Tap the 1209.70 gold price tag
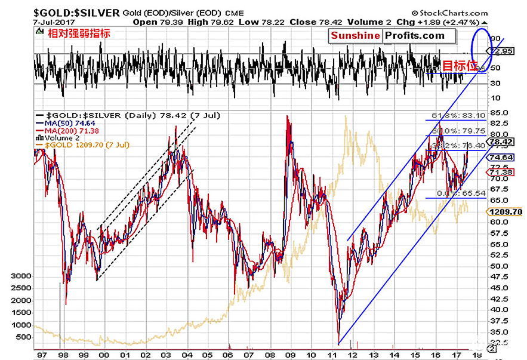pyautogui.click(x=506, y=212)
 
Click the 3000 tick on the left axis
pyautogui.click(x=20, y=276)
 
